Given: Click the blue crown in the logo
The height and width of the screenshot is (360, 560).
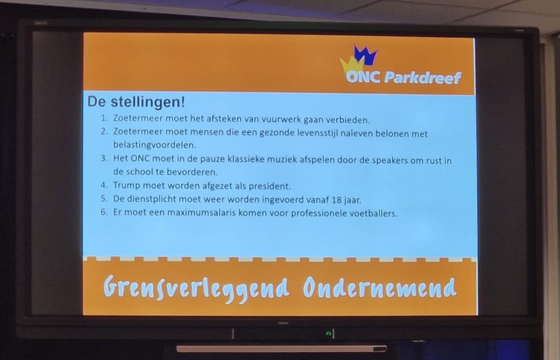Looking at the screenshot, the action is [365, 55].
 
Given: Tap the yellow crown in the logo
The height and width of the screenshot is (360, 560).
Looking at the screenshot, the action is [352, 65].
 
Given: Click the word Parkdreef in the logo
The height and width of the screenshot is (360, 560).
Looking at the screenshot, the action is [423, 77].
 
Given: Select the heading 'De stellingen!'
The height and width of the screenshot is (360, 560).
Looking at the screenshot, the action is [136, 102].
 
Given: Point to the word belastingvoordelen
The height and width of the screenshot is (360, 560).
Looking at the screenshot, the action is [155, 145].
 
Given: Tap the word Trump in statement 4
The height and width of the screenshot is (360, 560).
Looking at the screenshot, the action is [126, 185].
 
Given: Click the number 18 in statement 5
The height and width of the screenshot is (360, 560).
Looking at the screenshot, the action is [336, 200].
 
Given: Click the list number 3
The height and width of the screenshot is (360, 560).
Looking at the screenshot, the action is [104, 158].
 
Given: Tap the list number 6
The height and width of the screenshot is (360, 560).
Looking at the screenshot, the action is [104, 212].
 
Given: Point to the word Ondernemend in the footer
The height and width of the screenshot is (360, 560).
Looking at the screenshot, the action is [380, 287].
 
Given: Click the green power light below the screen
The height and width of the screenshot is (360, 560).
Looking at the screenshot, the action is [328, 334].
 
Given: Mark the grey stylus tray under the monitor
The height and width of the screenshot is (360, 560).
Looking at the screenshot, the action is [282, 349].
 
